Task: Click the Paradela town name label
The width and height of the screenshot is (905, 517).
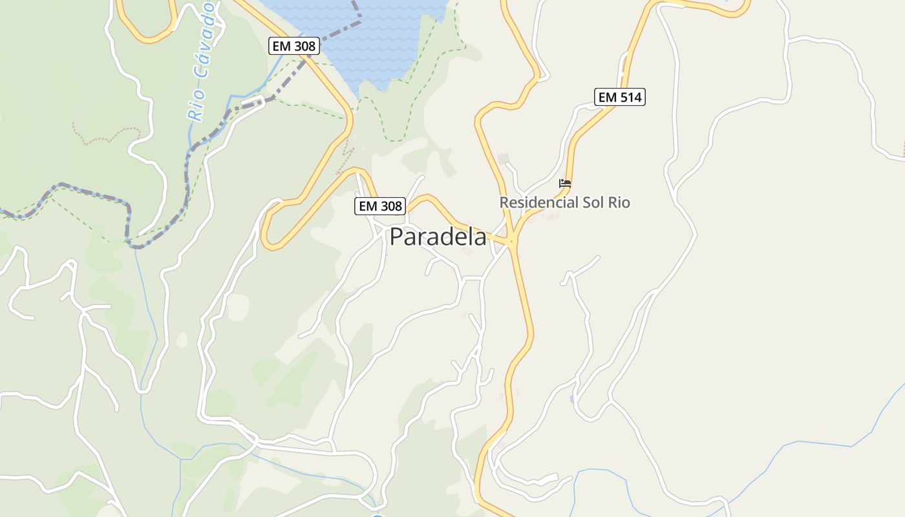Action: [438, 237]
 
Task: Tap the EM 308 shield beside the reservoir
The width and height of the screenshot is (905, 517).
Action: [293, 46]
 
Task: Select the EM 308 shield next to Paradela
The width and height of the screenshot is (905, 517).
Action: [380, 206]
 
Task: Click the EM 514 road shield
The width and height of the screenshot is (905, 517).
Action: [619, 97]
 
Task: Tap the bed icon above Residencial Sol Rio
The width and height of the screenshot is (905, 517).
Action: [565, 184]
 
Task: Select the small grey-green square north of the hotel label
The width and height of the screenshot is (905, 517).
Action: [504, 159]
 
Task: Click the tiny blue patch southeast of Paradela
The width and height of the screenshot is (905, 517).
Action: [571, 399]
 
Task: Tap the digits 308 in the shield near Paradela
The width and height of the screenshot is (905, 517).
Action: [390, 206]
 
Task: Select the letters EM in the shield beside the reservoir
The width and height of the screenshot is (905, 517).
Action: [281, 46]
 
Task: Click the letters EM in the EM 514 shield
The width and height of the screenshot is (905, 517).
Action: [607, 97]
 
